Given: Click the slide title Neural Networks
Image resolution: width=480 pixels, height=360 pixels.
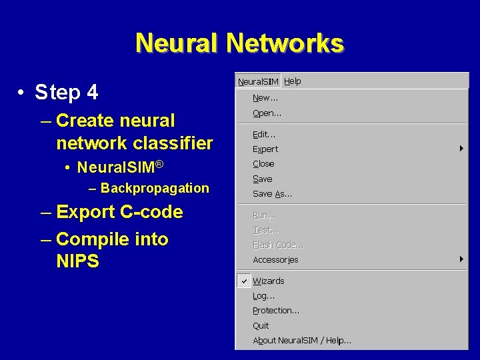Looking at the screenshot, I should pyautogui.click(x=239, y=43).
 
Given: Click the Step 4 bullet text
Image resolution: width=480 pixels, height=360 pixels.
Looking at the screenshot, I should pyautogui.click(x=66, y=92).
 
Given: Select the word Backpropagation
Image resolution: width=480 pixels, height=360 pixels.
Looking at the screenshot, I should pyautogui.click(x=155, y=188).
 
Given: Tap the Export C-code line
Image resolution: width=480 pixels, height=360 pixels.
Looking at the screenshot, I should pyautogui.click(x=119, y=212).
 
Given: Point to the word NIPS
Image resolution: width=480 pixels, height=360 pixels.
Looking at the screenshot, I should pyautogui.click(x=77, y=261).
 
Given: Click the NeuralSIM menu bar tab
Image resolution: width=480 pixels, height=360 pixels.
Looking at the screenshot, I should pyautogui.click(x=258, y=81).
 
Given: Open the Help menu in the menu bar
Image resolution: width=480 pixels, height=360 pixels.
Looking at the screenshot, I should pyautogui.click(x=293, y=81).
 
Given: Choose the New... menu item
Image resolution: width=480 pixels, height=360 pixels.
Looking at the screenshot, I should pyautogui.click(x=265, y=98).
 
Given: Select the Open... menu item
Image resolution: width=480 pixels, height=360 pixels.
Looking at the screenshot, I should pyautogui.click(x=267, y=113).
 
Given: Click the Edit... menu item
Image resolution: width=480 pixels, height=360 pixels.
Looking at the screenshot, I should pyautogui.click(x=264, y=134).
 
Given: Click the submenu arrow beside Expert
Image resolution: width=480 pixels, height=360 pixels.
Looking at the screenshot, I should pyautogui.click(x=461, y=149).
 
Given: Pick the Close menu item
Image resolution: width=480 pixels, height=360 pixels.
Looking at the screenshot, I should pyautogui.click(x=263, y=164).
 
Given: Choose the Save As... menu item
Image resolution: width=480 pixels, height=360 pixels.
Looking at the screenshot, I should pyautogui.click(x=272, y=194).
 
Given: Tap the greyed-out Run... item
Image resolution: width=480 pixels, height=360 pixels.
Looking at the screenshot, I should pyautogui.click(x=265, y=215).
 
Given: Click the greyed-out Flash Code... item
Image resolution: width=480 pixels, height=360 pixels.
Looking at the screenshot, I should pyautogui.click(x=278, y=245).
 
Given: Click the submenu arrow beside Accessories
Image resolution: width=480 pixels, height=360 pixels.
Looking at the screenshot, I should pyautogui.click(x=461, y=259).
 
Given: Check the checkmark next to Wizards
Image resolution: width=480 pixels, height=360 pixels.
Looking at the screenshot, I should pyautogui.click(x=244, y=281).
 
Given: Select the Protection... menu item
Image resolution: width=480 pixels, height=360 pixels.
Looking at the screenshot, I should pyautogui.click(x=276, y=311).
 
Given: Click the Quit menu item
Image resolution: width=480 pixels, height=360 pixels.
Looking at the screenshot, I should pyautogui.click(x=261, y=326).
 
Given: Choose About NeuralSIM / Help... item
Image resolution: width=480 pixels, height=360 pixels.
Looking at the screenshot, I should pyautogui.click(x=302, y=341).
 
